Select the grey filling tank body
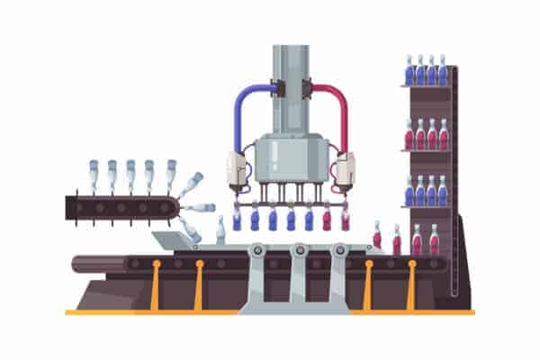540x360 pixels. coord(289,157)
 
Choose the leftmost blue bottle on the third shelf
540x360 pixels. coord(409,191)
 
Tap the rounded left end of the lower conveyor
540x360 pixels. coord(79,264)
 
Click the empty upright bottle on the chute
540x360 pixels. coord(220,230)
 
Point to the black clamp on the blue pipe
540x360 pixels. coord(274,89)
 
